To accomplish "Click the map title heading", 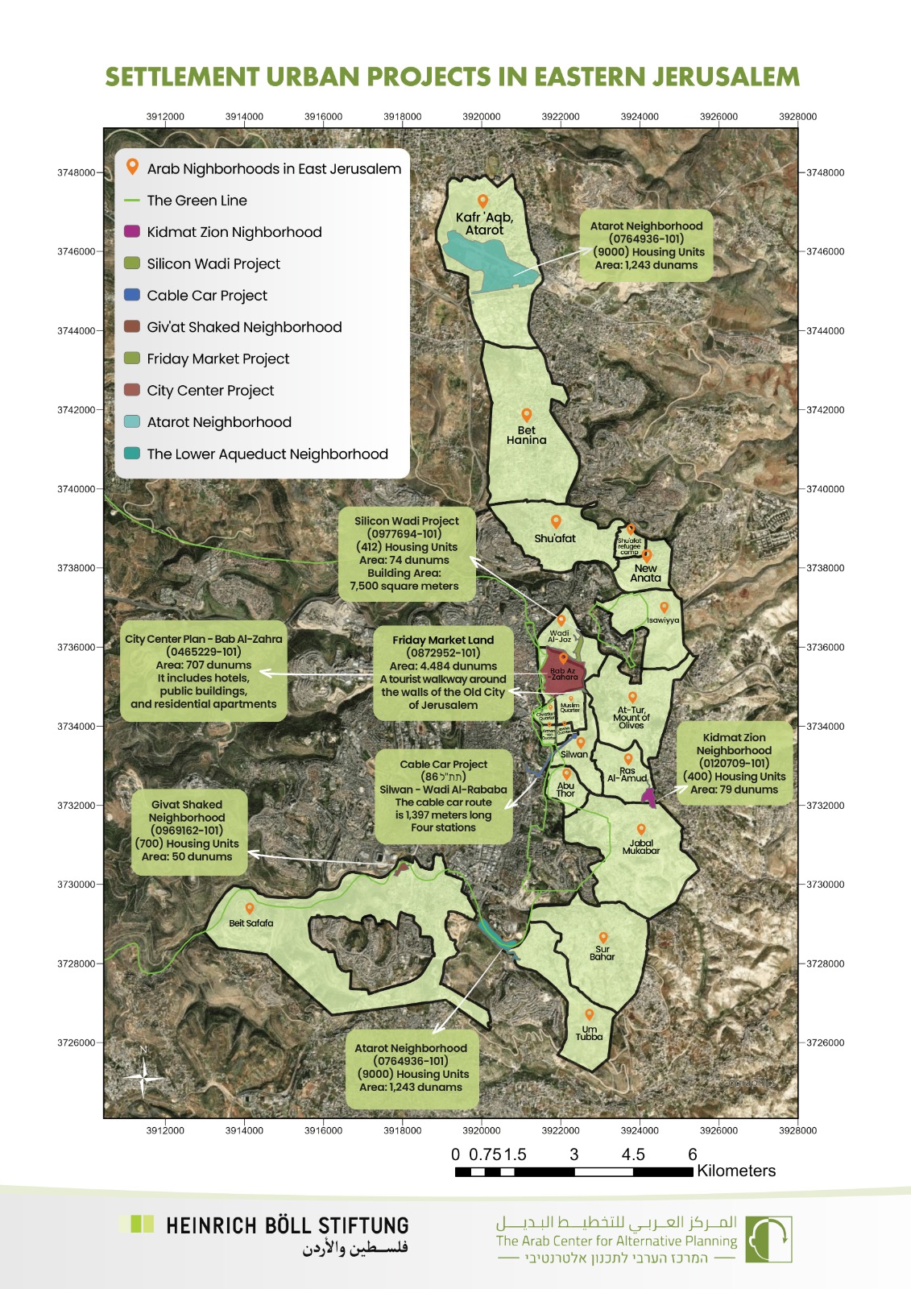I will click(452, 77).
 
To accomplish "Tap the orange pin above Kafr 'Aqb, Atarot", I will click(482, 201).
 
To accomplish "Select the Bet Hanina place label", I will click(526, 435).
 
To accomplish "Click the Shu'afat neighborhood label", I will click(555, 538).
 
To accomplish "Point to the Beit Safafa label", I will click(251, 923).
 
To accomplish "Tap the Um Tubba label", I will click(589, 1033).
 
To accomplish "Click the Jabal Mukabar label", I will click(640, 847).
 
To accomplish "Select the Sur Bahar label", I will click(602, 953).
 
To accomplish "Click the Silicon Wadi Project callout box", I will click(407, 553).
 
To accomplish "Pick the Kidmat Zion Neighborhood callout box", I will click(734, 763).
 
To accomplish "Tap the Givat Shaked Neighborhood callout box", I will click(187, 831).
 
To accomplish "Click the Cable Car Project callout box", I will click(443, 796).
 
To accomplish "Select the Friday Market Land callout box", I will click(443, 673).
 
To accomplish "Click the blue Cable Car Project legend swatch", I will click(132, 295).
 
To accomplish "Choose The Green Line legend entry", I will click(197, 201).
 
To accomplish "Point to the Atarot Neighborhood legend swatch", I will click(132, 421).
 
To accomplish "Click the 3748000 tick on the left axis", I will click(76, 172).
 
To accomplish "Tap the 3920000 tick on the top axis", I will click(481, 117).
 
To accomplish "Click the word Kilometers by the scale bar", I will click(735, 1171).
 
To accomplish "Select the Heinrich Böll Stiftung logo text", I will click(287, 1226).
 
